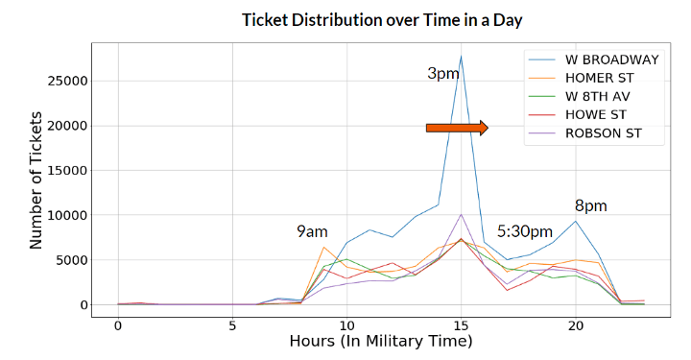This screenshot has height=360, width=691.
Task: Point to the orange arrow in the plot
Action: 457,128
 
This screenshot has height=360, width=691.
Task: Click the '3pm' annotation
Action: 442,74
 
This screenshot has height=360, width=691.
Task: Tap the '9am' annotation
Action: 312,231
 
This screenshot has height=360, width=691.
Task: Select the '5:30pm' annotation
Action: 524,231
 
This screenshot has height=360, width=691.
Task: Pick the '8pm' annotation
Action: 590,205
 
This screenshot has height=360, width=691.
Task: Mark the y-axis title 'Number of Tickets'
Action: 36,180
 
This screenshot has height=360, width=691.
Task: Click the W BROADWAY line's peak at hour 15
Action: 461,56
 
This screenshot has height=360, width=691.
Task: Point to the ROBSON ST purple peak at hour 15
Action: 461,214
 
